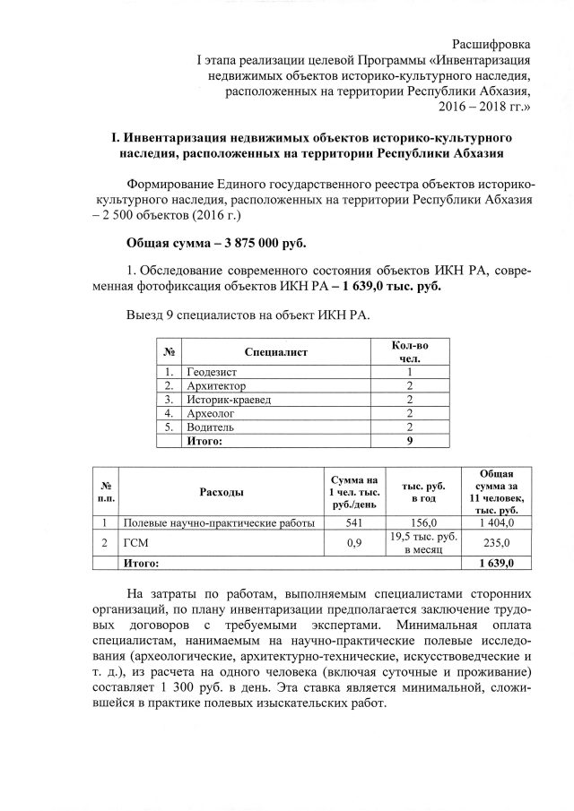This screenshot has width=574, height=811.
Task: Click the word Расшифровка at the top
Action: tap(491, 44)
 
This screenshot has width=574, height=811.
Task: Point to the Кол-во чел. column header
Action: tap(410, 352)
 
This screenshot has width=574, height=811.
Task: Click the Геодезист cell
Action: tap(213, 371)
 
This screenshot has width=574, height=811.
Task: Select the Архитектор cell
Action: tap(216, 385)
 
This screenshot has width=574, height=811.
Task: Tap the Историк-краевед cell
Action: tap(229, 399)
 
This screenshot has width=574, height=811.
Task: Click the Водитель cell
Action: tap(211, 427)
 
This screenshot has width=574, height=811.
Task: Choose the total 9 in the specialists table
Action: tap(409, 441)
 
